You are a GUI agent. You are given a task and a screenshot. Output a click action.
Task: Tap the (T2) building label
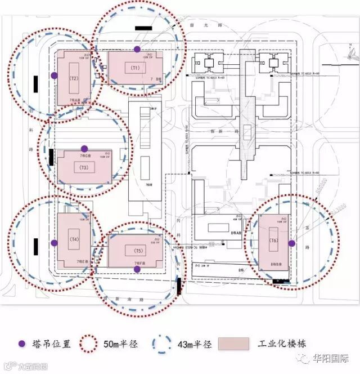[73, 78]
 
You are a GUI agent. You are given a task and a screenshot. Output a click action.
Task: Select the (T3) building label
[84, 168]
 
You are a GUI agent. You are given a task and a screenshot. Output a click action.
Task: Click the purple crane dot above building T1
[137, 50]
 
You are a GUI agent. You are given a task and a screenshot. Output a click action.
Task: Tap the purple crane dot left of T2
[53, 75]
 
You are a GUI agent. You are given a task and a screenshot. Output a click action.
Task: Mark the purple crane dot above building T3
[84, 148]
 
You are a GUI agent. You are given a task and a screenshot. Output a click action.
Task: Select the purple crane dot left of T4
[54, 243]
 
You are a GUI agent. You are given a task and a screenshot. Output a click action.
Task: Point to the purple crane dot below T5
[137, 269]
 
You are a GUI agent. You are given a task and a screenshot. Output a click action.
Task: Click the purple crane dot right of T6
[291, 243]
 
